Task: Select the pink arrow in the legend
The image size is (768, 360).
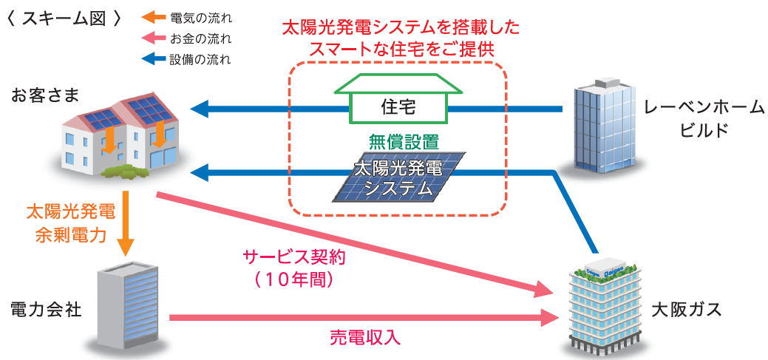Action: coord(152,38)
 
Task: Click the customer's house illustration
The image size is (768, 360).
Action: coord(122,137)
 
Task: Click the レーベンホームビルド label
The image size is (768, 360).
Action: coord(702,118)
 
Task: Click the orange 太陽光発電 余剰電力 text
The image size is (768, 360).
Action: coord(71,224)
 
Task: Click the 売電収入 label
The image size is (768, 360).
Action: coord(364,338)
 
